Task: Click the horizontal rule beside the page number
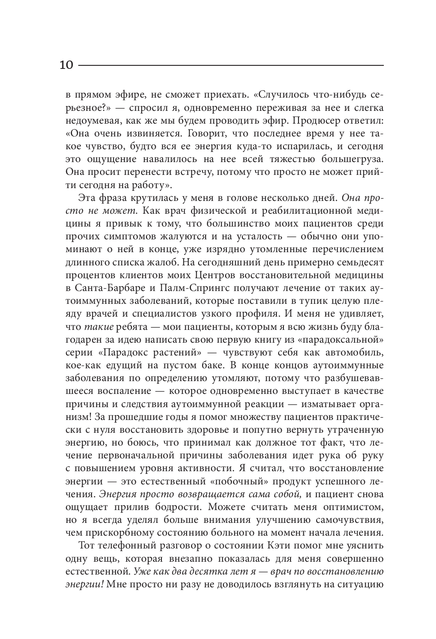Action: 230,66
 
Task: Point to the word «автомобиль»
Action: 351,352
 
